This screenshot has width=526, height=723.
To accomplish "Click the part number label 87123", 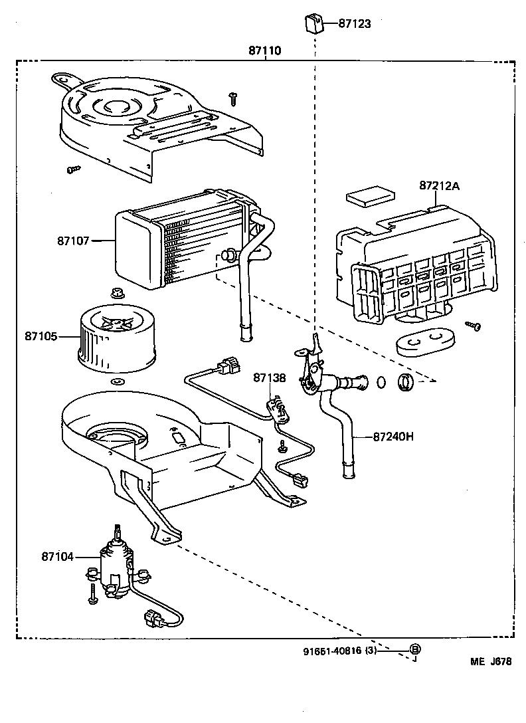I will (354, 23).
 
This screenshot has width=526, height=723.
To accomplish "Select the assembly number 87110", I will (265, 51).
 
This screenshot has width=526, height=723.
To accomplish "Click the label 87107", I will (72, 241).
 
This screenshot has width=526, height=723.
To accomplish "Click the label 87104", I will (58, 556).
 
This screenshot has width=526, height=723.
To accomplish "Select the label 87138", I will (269, 378).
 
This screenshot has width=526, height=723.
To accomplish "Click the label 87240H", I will (393, 437).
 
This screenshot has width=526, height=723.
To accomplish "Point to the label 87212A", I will (439, 185).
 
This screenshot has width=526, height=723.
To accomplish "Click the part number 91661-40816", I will (330, 651).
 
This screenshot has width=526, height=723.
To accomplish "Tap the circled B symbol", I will (414, 649).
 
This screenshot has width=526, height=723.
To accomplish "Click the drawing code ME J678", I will (491, 661).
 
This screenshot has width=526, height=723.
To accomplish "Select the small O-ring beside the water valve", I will (382, 383).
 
